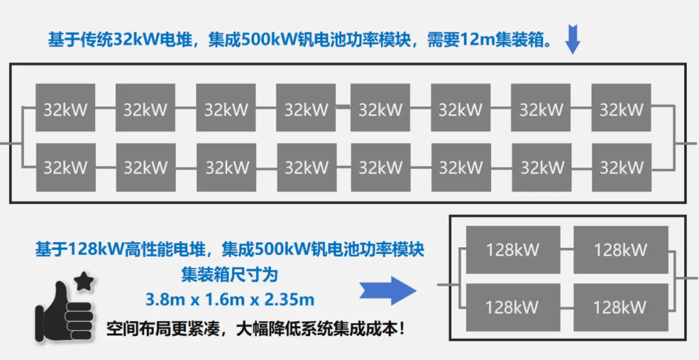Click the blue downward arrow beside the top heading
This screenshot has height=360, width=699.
(x=572, y=39)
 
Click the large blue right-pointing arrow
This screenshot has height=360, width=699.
(x=388, y=291)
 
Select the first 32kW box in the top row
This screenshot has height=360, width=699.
(x=65, y=107)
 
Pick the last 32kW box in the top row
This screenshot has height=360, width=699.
(x=621, y=107)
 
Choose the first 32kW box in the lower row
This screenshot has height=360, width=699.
(x=65, y=167)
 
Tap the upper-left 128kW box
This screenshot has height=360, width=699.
(x=513, y=250)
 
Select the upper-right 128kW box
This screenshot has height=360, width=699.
(x=621, y=250)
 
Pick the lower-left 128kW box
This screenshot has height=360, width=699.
(x=513, y=307)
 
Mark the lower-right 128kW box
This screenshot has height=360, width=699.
(x=621, y=307)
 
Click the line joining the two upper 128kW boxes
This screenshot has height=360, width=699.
(x=567, y=248)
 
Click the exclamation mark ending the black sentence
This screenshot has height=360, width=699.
(x=403, y=331)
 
